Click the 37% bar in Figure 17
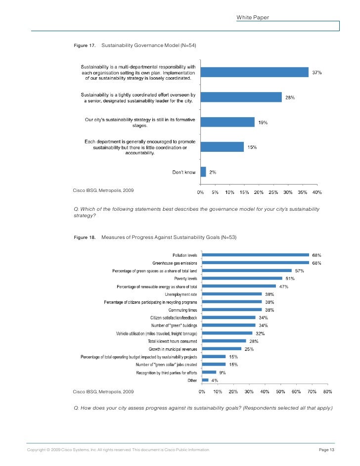[255, 72]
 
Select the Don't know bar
[203, 172]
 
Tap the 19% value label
[263, 122]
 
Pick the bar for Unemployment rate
[231, 294]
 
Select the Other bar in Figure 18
[205, 380]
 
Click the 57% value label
[300, 271]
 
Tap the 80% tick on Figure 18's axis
[327, 392]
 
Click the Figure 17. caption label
[85, 46]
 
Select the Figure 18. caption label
[85, 237]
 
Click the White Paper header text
[253, 17]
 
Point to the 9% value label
[223, 373]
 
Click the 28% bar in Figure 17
[241, 97]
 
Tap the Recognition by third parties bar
[209, 373]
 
